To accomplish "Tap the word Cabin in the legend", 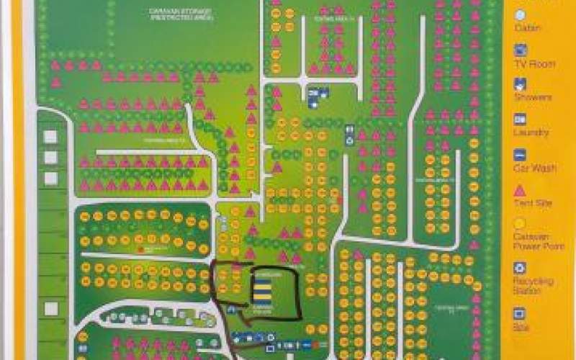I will point(528,28).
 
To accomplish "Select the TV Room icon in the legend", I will point(521,50).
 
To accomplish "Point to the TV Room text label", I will point(534,64).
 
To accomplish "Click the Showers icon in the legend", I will point(520,84).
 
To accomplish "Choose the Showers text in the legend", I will point(533,97).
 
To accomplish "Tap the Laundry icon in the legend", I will point(520,120).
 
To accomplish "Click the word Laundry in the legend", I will point(532,132).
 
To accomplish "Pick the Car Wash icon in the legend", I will point(520,155).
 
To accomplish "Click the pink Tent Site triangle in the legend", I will point(520,190).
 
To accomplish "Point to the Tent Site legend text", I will point(534,203).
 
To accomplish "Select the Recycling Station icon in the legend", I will point(520,268).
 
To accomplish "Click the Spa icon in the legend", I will point(520,314).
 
